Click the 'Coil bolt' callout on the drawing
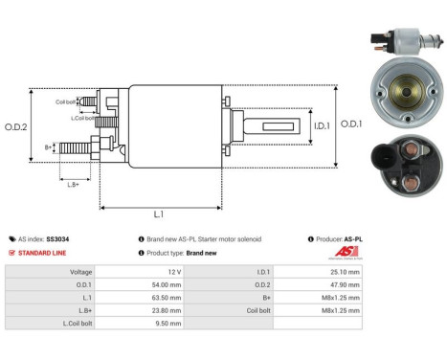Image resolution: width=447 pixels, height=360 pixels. tap(65, 101)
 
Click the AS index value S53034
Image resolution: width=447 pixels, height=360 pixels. tap(58, 238)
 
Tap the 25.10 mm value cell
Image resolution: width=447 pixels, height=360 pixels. tap(342, 272)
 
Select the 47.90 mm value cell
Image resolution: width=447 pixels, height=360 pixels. tap(342, 284)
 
